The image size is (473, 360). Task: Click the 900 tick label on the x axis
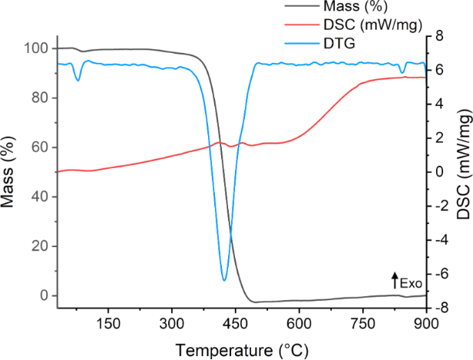point(426,323)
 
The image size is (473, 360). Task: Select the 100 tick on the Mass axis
point(37,48)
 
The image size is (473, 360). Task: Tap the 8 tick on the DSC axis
point(439,36)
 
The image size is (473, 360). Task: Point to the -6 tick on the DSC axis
point(442,274)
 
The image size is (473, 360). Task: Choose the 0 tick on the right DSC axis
point(439,172)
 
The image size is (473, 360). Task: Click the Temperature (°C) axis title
point(242,349)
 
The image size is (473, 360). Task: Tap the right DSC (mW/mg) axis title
point(462,171)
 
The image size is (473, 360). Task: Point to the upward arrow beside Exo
point(395,279)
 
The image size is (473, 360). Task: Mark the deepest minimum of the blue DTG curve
point(224,280)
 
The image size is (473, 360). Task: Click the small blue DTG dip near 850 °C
point(402,72)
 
